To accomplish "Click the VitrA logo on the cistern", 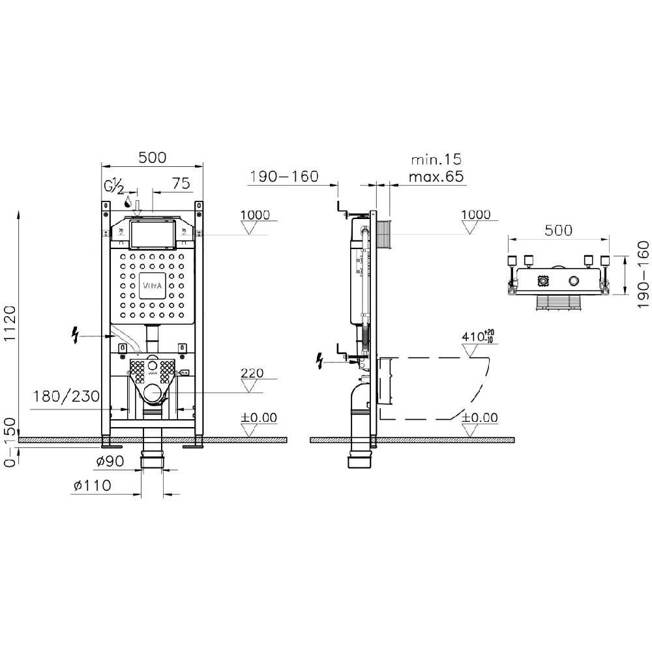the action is [x=153, y=286].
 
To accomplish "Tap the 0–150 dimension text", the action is [x=9, y=442].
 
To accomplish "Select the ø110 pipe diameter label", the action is [x=93, y=485].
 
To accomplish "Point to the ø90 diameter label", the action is [x=110, y=461].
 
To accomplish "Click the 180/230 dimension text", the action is [x=67, y=396].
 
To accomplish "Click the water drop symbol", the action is [x=128, y=203].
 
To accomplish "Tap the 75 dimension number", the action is [x=181, y=183].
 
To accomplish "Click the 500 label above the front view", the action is [x=152, y=158].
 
